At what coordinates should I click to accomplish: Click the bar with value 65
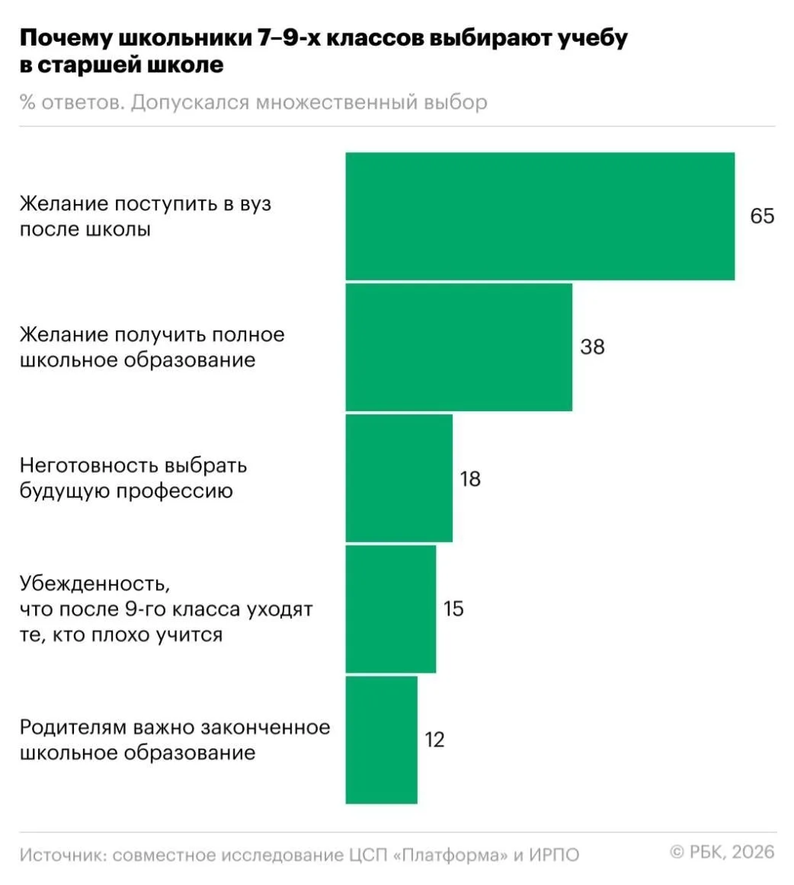[x=539, y=216]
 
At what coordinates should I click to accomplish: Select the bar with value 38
[x=459, y=347]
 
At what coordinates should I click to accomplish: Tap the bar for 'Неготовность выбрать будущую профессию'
[x=399, y=478]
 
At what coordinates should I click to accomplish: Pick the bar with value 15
[x=390, y=609]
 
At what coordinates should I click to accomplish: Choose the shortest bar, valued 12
[x=381, y=740]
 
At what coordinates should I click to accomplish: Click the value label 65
[x=762, y=216]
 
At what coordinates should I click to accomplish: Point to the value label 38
[x=592, y=347]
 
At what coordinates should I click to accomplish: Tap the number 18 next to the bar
[x=470, y=479]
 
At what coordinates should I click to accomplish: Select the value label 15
[x=453, y=609]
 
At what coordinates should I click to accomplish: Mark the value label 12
[x=434, y=740]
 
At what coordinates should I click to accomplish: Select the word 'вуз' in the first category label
[x=255, y=205]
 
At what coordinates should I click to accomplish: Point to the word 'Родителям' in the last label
[x=73, y=727]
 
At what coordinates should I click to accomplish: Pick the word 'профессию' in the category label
[x=174, y=491]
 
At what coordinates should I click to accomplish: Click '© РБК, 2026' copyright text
[x=722, y=851]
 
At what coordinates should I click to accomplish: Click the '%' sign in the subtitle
[x=27, y=103]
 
